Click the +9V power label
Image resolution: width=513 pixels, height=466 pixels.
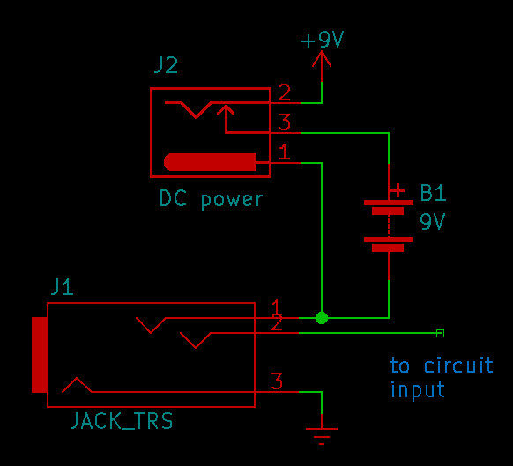point(323,40)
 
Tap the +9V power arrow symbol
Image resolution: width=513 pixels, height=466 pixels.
point(322,65)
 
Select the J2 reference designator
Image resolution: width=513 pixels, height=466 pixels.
point(166,65)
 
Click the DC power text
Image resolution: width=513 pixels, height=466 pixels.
point(211,199)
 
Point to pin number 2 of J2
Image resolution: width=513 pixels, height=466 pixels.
point(284,92)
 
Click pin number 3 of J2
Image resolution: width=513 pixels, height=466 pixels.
point(284,122)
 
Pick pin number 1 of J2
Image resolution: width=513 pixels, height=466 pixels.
point(284,152)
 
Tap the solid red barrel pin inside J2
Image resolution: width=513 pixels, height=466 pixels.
point(210,162)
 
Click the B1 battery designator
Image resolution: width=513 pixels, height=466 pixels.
point(433,193)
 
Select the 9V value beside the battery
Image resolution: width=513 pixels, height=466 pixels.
point(433,222)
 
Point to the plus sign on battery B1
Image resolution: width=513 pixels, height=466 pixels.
point(398,190)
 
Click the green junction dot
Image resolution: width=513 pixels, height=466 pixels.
point(322,318)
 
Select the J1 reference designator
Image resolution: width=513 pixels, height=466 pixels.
point(63,287)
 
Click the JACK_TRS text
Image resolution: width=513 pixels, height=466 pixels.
point(122,421)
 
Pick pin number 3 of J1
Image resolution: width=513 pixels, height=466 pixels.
point(277,381)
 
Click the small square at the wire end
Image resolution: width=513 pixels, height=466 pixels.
point(441,333)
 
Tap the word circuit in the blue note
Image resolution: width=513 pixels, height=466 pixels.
point(458,365)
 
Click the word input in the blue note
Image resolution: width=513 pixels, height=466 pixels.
point(418,390)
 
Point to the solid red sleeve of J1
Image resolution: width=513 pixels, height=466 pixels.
point(40,355)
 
